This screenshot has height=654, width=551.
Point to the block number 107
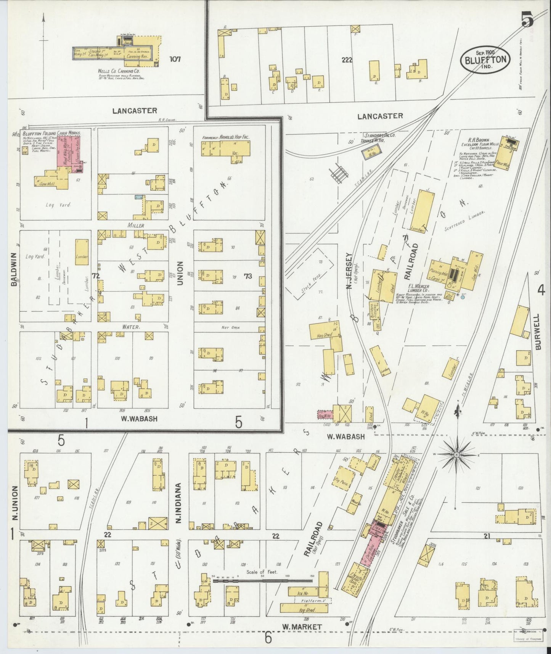click(x=175, y=59)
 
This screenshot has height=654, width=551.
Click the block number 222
click(x=347, y=60)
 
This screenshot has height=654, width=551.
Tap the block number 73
click(x=248, y=276)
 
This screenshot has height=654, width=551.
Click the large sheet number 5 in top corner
click(x=527, y=19)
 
